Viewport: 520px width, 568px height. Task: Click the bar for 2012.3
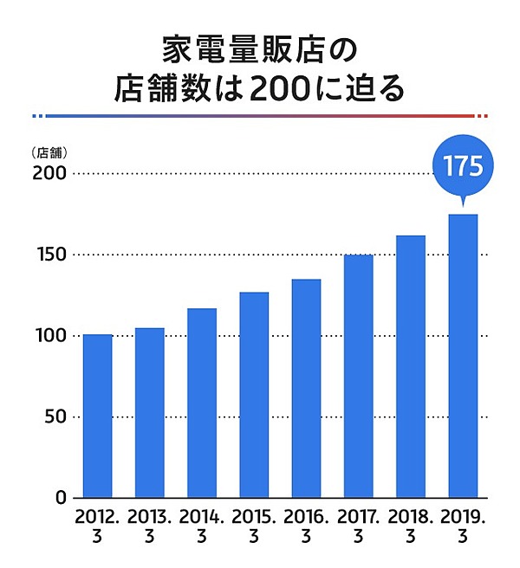[97, 416]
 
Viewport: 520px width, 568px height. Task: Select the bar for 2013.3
[149, 413]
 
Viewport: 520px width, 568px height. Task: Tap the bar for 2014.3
[202, 403]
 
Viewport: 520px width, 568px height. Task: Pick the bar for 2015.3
[254, 395]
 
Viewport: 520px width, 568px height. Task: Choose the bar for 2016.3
[306, 389]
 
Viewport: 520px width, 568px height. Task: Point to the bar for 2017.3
[359, 377]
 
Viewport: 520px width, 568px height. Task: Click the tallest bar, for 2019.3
[463, 356]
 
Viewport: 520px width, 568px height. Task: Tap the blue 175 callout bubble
[463, 166]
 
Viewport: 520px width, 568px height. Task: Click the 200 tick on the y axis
[51, 173]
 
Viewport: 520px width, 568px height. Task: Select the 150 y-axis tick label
[51, 255]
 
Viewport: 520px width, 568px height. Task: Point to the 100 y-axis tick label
[51, 336]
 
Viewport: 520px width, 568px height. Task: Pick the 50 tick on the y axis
[55, 416]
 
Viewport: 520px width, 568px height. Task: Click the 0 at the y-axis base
[62, 498]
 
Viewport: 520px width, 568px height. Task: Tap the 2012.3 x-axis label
[97, 526]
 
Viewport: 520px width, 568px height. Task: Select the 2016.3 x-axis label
[306, 526]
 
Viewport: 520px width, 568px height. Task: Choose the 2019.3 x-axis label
[463, 526]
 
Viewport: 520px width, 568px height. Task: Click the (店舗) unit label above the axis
[49, 152]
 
